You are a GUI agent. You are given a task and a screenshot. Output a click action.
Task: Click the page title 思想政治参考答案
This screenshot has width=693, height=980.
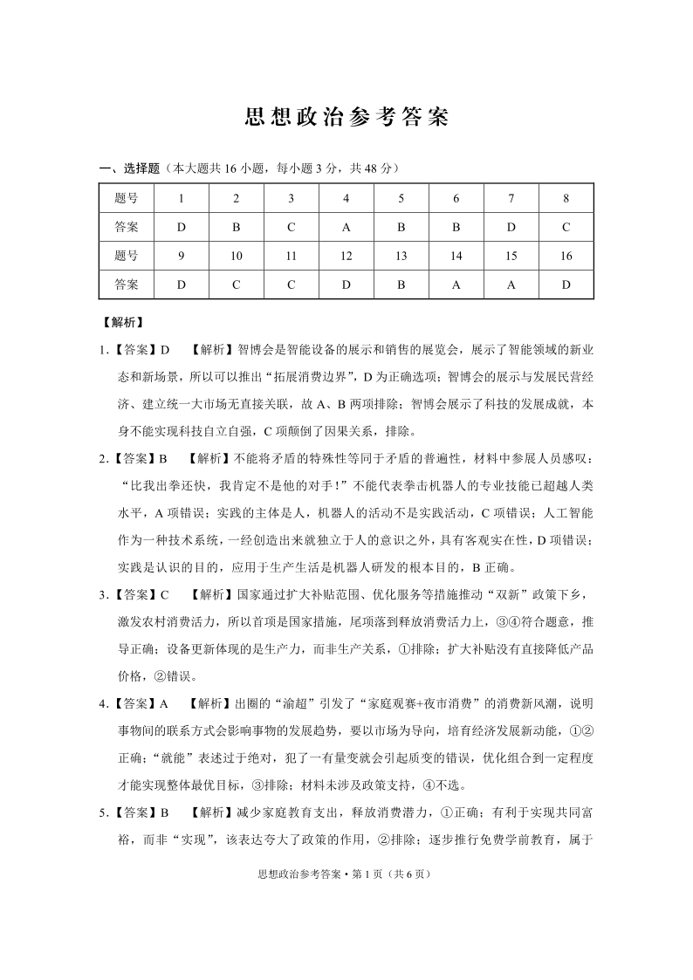[346, 119]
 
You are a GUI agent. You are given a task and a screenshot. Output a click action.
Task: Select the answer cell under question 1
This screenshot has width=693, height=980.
[181, 227]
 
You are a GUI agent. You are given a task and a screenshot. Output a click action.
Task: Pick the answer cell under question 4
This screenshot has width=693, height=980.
[346, 227]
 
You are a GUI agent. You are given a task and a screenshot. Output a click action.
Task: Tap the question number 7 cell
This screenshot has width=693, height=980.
[511, 198]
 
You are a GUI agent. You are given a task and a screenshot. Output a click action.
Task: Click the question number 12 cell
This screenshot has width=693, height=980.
[346, 256]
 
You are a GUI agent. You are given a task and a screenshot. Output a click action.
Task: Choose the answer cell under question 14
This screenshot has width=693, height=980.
[456, 284]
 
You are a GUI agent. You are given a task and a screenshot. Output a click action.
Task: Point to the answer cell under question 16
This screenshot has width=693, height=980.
[566, 284]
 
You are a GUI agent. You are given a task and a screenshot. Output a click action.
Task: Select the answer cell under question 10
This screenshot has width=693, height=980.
[236, 284]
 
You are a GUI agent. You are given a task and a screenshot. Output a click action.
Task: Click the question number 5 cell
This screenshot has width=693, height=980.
[401, 198]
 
